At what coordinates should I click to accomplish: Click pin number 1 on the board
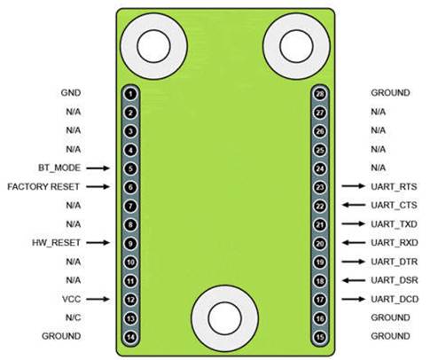tap(130, 94)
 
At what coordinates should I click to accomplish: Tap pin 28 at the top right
tap(320, 94)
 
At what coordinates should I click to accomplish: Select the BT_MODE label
tap(59, 168)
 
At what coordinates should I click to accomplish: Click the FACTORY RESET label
tap(43, 187)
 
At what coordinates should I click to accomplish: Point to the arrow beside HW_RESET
tap(98, 243)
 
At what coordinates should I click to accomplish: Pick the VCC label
tap(72, 299)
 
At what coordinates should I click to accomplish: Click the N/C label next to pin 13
tap(73, 317)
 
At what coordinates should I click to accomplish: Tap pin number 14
tap(130, 337)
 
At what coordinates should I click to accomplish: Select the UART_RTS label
tap(394, 187)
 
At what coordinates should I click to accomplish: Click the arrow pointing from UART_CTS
tap(354, 205)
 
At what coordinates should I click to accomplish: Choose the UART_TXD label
tap(394, 224)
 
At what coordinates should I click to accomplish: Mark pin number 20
tap(320, 244)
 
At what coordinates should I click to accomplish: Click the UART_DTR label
tap(395, 262)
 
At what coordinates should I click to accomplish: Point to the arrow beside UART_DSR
tap(354, 280)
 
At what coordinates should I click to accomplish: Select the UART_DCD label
tap(395, 300)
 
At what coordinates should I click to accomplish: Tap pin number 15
tap(320, 337)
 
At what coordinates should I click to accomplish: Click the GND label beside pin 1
tap(71, 93)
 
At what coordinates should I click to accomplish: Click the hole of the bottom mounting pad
tap(225, 318)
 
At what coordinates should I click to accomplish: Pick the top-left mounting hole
tap(154, 46)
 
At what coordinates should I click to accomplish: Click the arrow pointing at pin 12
tap(98, 299)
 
